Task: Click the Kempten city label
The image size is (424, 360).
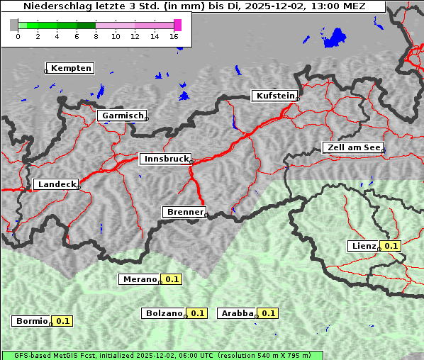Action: (71, 68)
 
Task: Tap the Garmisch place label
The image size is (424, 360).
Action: (123, 116)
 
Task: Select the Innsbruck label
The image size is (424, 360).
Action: (165, 159)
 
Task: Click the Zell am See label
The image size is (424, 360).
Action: (353, 147)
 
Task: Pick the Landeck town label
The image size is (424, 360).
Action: (57, 184)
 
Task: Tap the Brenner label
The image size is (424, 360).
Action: (184, 212)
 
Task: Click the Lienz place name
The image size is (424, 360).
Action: (363, 246)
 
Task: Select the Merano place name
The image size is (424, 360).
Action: (139, 279)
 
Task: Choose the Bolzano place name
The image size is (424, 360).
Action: (164, 313)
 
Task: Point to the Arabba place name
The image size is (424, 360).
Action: (238, 313)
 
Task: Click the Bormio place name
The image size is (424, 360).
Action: (32, 321)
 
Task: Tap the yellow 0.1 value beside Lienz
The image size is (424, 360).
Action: (391, 246)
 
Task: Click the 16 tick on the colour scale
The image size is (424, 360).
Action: (174, 36)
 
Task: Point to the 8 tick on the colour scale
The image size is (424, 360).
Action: (96, 36)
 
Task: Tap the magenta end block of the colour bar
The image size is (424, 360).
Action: (177, 25)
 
